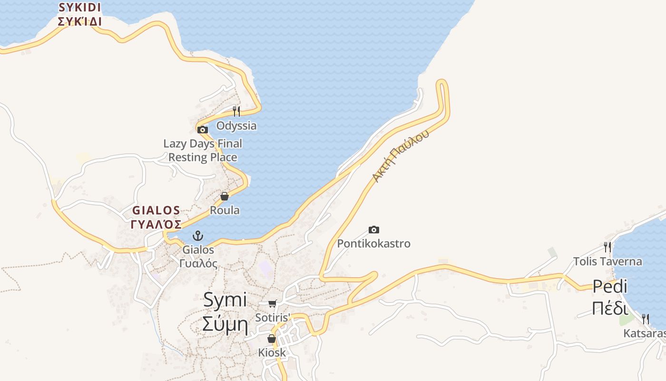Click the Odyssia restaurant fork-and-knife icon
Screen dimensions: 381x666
[x=236, y=111]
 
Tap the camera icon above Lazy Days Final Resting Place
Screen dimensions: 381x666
[x=203, y=130]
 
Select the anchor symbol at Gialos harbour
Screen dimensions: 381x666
[x=197, y=235]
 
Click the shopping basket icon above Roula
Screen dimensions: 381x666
[x=225, y=196]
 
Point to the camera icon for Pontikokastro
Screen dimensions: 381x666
[x=374, y=230]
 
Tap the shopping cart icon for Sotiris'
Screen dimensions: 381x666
[x=273, y=303]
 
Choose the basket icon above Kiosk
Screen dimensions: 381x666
[x=271, y=339]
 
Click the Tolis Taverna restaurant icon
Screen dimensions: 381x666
[x=607, y=247]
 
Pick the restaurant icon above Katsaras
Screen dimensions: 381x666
[x=646, y=319]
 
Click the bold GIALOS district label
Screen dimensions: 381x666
[x=156, y=210]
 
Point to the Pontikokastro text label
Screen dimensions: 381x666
[x=373, y=244]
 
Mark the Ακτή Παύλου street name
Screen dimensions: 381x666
[x=401, y=155]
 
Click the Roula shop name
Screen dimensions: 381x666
[x=225, y=210]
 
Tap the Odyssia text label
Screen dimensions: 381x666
[x=236, y=126]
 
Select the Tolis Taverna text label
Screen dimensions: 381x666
[x=607, y=261]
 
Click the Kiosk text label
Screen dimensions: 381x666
[x=272, y=352]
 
